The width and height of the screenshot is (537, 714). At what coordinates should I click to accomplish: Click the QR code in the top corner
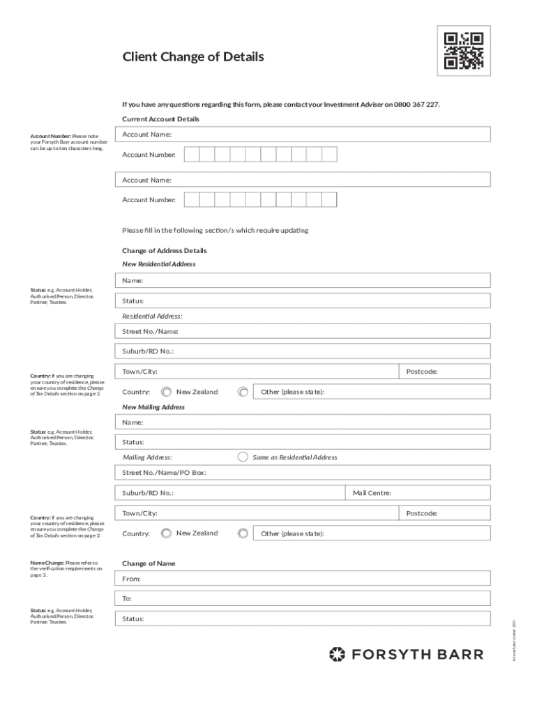pyautogui.click(x=464, y=50)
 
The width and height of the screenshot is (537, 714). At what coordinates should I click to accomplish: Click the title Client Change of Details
pyautogui.click(x=193, y=57)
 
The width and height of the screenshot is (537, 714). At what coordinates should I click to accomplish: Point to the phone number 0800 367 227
pyautogui.click(x=416, y=105)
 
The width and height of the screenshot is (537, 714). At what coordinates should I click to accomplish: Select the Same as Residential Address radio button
pyautogui.click(x=243, y=457)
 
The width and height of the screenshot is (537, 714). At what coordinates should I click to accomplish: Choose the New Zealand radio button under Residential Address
pyautogui.click(x=166, y=392)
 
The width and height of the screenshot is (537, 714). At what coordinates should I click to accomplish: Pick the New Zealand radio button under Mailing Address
pyautogui.click(x=166, y=533)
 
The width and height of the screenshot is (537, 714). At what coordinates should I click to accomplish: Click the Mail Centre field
pyautogui.click(x=418, y=493)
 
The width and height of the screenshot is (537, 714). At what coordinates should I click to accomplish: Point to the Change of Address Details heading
pyautogui.click(x=165, y=250)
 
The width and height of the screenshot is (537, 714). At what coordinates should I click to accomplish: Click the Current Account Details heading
pyautogui.click(x=160, y=119)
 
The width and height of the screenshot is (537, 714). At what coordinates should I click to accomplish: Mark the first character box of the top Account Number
pyautogui.click(x=191, y=154)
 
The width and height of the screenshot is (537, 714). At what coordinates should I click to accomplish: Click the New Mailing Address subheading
pyautogui.click(x=153, y=407)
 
